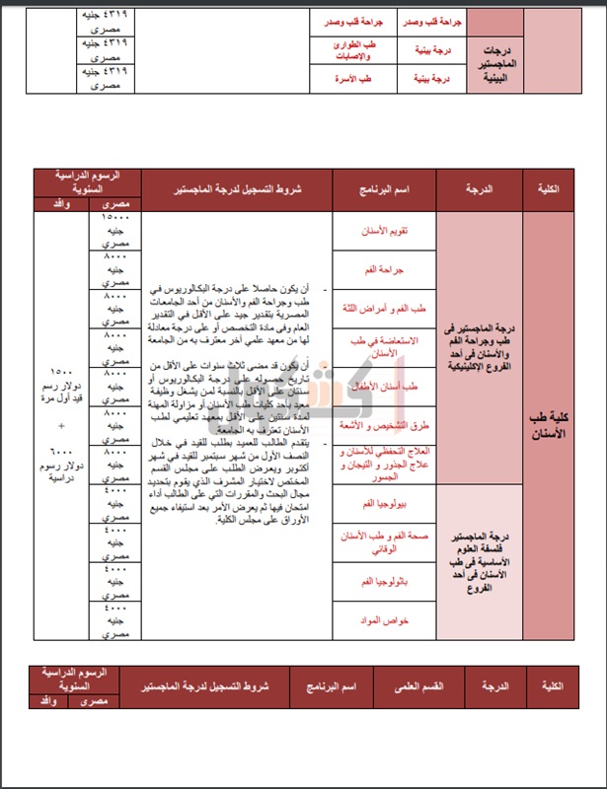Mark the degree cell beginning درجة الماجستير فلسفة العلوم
point(478,558)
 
